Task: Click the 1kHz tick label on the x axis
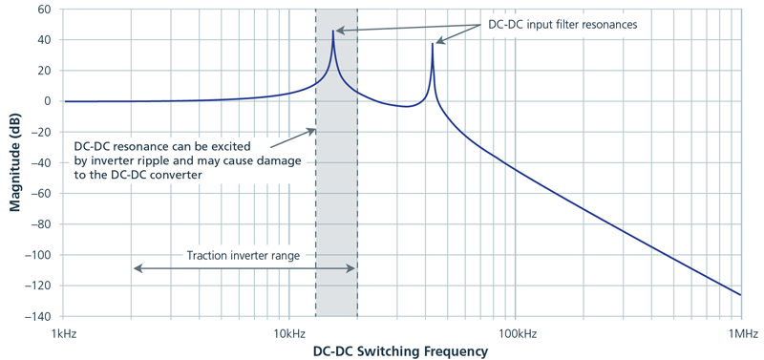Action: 64,332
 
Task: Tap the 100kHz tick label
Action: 515,332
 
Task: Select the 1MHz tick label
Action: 741,332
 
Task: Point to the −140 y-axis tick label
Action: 36,316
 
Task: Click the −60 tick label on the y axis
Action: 40,194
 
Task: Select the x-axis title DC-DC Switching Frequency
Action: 400,351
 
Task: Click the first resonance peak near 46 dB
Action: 333,31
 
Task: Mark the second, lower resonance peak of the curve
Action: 433,44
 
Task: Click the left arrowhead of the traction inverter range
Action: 136,268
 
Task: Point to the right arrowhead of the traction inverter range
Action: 354,268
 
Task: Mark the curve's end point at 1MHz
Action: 741,295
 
